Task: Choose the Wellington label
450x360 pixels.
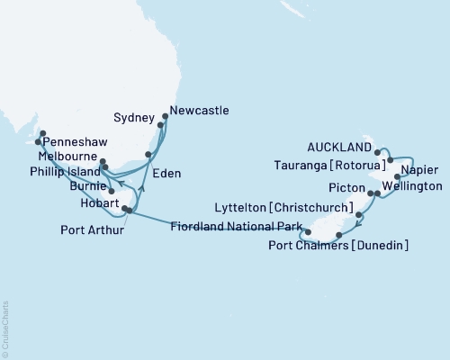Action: (412, 186)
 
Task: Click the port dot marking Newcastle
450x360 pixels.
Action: (165, 115)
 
